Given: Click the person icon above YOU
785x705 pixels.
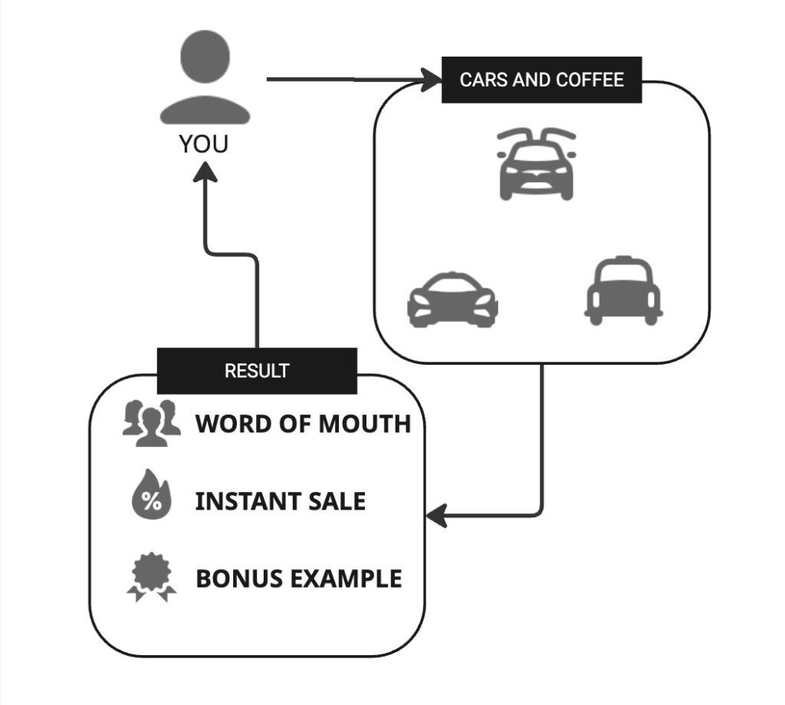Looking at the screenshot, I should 205,78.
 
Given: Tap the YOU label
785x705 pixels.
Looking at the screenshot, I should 204,143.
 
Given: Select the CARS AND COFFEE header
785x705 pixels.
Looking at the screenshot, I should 541,80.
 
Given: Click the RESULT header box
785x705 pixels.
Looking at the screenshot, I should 257,371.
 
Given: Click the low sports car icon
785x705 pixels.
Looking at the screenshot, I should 452,300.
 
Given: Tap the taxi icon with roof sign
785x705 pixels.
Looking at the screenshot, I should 623,291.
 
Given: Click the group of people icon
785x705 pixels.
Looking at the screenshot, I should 151,422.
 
